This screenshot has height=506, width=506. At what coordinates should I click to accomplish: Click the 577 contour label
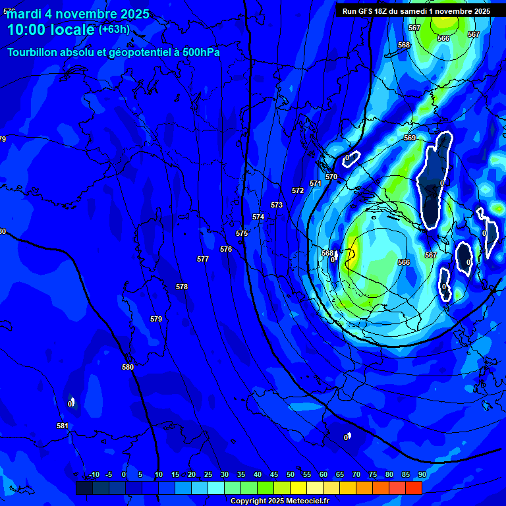203,259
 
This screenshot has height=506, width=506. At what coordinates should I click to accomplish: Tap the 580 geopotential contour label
128,367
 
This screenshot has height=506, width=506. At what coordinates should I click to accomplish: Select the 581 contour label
63,426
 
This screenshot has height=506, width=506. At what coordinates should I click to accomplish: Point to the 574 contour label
258,217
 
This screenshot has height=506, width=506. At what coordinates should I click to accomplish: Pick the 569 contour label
410,138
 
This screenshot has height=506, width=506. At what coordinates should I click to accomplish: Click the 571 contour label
316,183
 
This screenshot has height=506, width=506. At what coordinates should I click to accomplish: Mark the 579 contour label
156,319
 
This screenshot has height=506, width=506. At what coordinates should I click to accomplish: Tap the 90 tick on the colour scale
422,474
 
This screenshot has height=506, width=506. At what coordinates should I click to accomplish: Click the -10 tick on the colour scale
94,474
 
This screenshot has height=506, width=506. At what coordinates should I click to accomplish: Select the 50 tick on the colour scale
290,474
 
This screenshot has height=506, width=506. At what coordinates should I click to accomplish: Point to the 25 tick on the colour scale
208,474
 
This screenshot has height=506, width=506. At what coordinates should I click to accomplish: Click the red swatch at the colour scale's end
413,488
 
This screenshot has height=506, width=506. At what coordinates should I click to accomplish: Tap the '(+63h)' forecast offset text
114,29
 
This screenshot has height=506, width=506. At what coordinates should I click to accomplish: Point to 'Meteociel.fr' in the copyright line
312,501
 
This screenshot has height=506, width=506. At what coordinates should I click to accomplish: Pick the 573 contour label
277,205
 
